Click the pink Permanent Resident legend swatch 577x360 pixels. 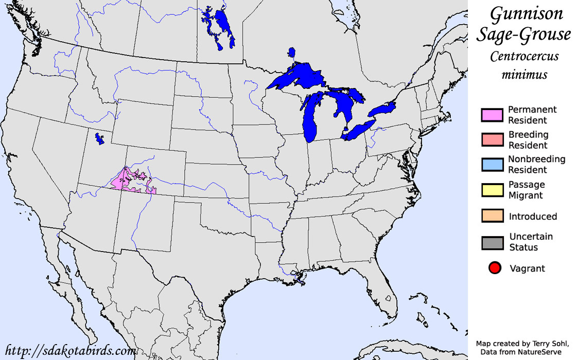[x=492, y=115]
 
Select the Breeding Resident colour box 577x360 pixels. [x=492, y=140]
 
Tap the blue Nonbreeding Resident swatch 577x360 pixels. [x=492, y=165]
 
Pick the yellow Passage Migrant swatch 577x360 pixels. [x=492, y=190]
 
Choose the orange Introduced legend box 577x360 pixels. [x=492, y=216]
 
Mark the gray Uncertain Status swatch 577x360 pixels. [x=492, y=242]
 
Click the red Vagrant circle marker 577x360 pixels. [x=495, y=268]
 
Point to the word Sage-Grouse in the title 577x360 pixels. [x=523, y=35]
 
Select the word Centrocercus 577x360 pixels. [x=524, y=56]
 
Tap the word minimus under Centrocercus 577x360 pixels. [x=524, y=75]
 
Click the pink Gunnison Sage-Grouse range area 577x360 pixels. [x=127, y=180]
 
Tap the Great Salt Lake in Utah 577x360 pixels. [x=98, y=138]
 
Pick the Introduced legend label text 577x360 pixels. [x=533, y=217]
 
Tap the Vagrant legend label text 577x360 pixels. [x=527, y=268]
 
